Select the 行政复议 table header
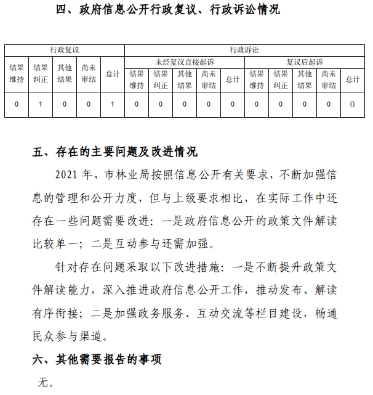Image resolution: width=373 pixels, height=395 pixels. point(65,49)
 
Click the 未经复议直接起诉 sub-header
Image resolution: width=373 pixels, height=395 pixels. point(184,62)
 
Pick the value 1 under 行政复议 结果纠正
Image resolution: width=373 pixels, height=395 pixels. point(40,104)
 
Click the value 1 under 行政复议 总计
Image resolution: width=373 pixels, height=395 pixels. point(112,104)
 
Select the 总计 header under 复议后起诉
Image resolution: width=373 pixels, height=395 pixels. point(352,79)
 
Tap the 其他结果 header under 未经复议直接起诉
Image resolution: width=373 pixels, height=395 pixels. point(184,79)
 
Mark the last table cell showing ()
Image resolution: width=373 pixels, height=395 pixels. point(352,104)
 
